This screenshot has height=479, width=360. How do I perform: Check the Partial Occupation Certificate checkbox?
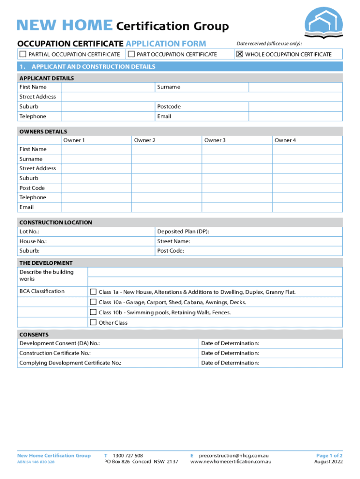point(22,54)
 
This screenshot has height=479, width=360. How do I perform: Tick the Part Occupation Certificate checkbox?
point(131,54)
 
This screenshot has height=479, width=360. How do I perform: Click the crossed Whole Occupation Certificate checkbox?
point(240,54)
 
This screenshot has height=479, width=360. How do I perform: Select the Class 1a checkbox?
point(93,292)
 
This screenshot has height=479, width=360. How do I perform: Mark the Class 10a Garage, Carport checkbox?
point(93,302)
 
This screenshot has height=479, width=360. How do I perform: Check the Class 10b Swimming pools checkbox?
point(93,312)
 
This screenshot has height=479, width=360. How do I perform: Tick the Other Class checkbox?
point(93,322)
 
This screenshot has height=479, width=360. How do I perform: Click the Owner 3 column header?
point(215,140)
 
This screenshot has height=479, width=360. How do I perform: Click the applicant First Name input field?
point(108,87)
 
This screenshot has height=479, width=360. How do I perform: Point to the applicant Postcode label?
point(169,107)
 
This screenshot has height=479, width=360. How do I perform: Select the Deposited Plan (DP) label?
point(183,232)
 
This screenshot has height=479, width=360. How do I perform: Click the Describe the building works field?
point(215,276)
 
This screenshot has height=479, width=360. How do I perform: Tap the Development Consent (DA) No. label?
point(59,343)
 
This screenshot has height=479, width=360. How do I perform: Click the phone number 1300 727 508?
point(128,455)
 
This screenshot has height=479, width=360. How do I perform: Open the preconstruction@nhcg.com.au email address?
point(234,455)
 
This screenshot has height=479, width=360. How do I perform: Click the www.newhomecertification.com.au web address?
point(231,462)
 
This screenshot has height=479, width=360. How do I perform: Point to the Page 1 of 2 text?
point(329,455)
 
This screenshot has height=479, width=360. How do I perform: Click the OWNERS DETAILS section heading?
point(43,131)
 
